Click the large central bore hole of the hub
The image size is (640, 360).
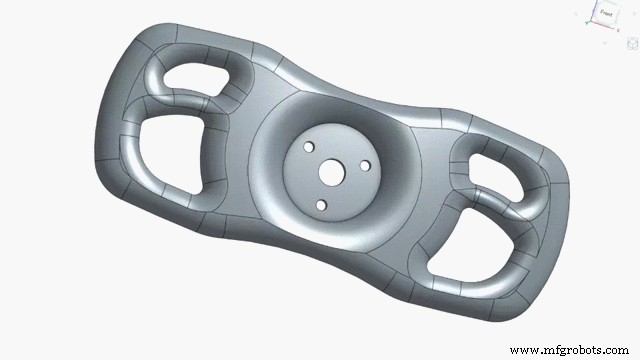(329, 172)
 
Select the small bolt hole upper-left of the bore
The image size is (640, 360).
(308, 147)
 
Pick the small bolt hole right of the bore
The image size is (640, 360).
(365, 165)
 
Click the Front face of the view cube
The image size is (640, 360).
(606, 14)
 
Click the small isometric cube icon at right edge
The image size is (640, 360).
(631, 43)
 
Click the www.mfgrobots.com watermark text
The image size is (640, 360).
(570, 350)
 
